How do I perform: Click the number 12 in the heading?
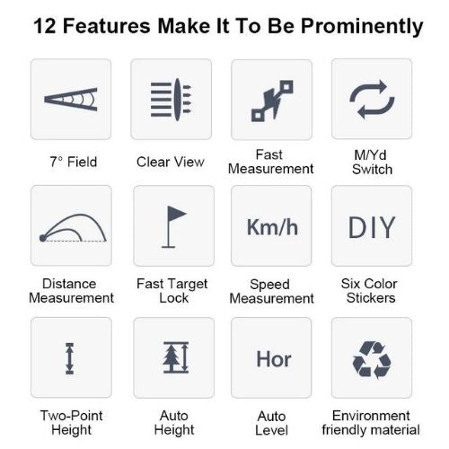45,26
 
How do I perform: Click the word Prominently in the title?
362,27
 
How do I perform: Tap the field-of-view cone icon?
71,100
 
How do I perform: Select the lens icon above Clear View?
171,100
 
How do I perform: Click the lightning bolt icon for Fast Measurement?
272,101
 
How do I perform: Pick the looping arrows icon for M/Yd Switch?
372,99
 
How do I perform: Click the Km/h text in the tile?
272,227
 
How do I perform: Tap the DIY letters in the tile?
372,227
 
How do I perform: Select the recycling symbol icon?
372,360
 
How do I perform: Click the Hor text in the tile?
274,359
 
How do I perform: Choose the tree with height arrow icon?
176,357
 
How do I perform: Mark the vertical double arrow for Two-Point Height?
69,358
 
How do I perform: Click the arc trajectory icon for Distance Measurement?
73,228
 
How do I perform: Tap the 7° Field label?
74,162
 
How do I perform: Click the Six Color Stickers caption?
370,291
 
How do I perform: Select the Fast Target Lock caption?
172,291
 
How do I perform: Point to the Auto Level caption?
271,423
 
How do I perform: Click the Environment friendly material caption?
371,423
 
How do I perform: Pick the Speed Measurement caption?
271,291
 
